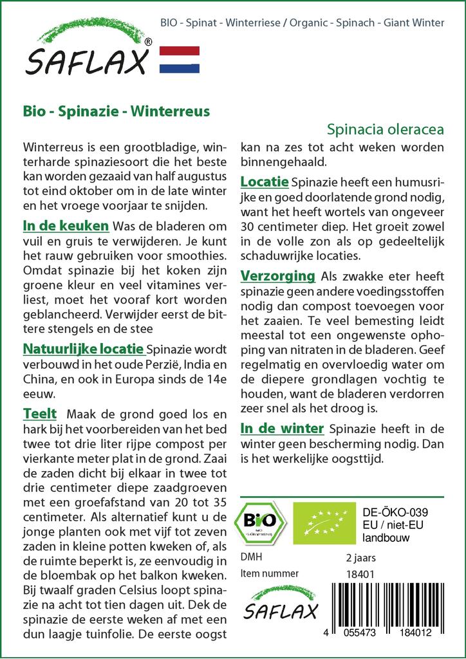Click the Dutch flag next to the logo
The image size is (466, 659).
179,60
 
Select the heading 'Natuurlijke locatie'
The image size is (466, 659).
83,349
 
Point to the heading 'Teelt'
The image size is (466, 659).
40,413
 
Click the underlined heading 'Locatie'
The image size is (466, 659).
265,181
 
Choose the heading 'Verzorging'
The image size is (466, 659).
278,276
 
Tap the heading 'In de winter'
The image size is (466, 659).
281,428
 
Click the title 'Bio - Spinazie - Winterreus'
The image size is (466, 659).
116,110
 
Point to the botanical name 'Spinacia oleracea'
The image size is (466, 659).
385,128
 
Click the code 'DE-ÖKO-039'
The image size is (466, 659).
391,512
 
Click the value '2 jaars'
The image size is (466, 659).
360,557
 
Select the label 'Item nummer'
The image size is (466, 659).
269,573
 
